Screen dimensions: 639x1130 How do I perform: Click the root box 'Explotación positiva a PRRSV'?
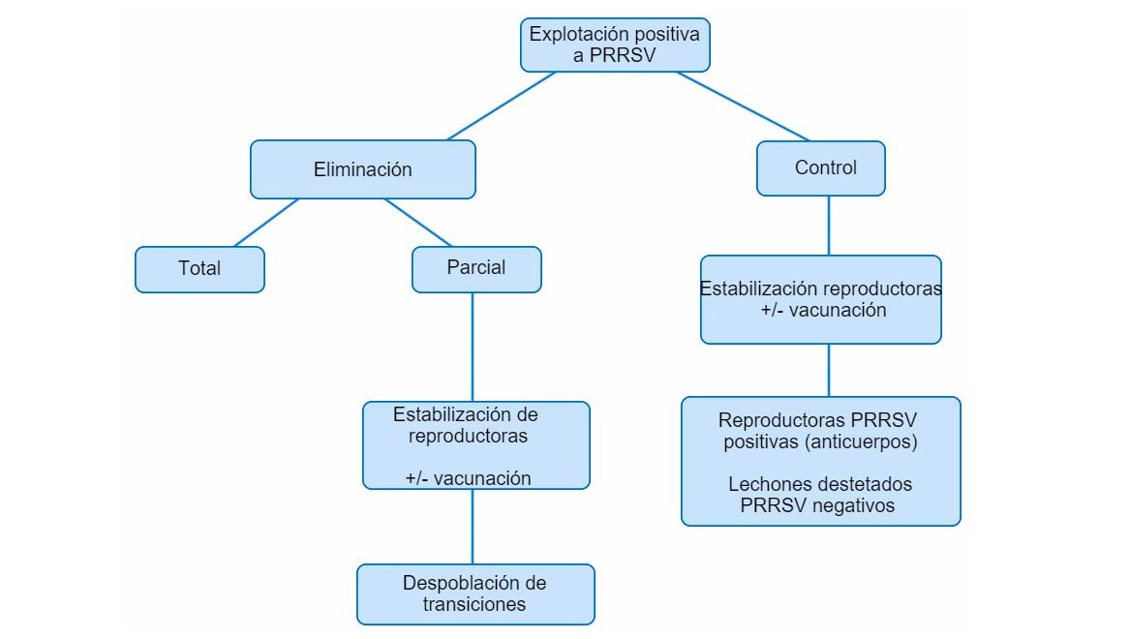615,45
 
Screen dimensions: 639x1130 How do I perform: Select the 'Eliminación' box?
362,169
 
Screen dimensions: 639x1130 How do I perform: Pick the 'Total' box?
199,269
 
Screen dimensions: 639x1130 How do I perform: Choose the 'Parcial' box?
476,269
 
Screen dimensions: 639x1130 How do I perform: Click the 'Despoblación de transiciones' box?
474,594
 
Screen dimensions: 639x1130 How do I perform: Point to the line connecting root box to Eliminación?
502,106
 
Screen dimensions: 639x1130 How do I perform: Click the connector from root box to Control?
743,106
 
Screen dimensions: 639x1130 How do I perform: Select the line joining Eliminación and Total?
266,223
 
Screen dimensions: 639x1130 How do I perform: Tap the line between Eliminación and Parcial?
418,223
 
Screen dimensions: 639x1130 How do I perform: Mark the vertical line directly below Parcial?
473,347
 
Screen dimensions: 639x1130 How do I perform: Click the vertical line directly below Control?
828,226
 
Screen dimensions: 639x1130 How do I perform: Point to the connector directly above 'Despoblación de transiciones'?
473,527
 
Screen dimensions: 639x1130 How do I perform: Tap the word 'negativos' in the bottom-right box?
848,505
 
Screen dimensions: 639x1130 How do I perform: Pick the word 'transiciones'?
474,605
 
